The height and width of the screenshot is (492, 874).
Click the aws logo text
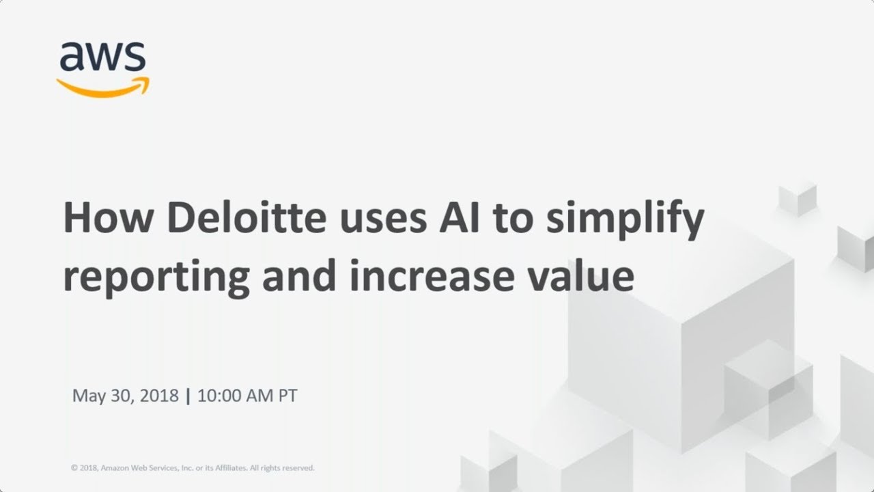point(102,57)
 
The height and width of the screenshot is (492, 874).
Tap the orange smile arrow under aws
point(102,87)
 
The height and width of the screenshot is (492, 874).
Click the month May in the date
point(87,396)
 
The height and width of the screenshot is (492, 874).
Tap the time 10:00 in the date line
point(221,396)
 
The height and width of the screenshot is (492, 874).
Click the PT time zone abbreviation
point(287,396)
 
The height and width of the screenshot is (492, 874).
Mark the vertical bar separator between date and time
point(188,396)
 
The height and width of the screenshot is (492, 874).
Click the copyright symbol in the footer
point(74,468)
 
